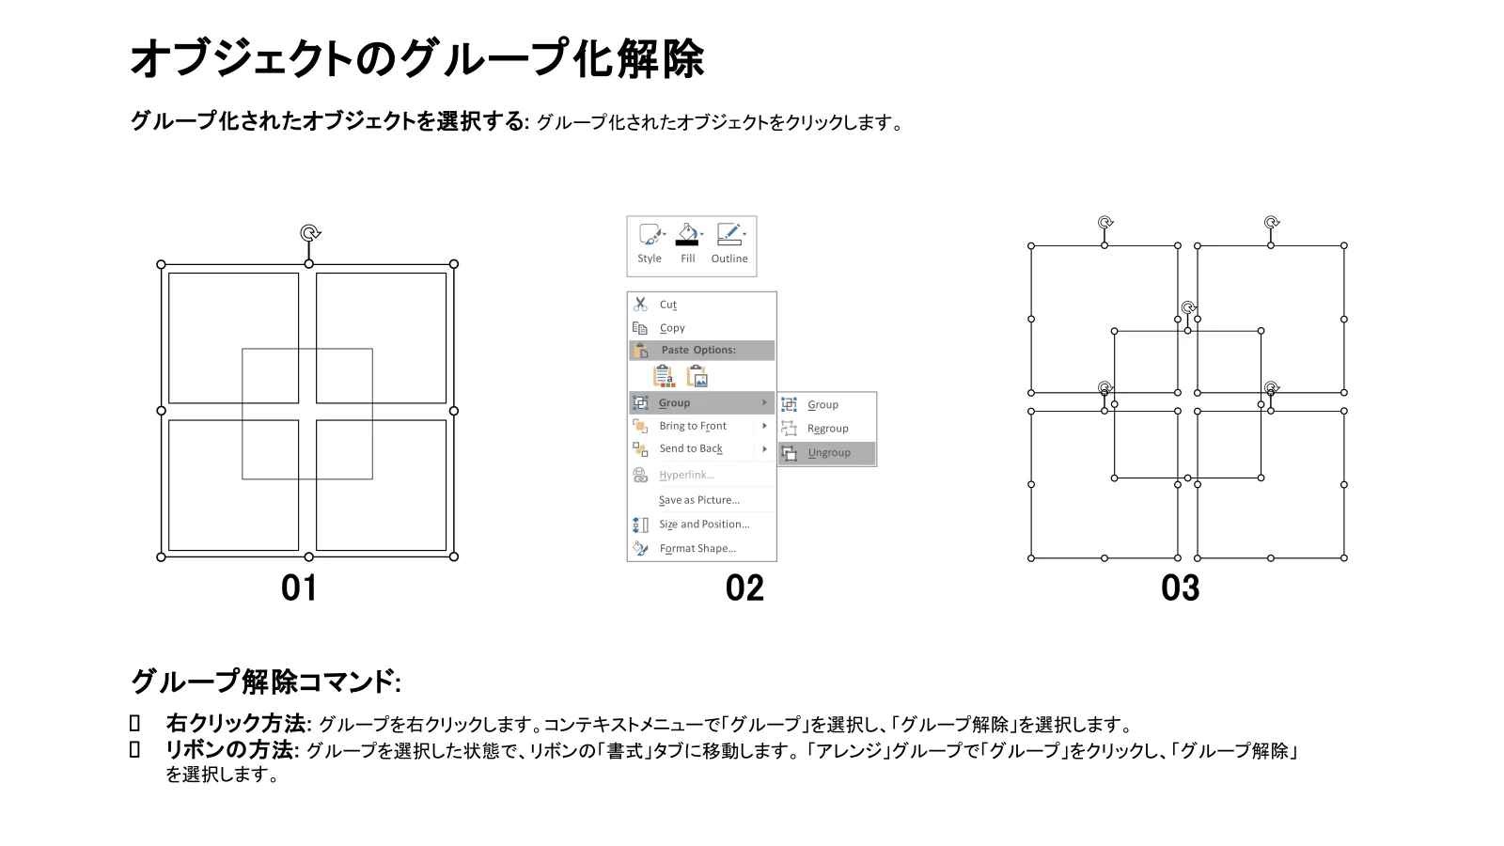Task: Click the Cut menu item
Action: click(x=668, y=305)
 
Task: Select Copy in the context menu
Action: click(x=672, y=328)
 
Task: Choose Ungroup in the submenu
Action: click(x=828, y=453)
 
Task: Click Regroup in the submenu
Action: click(x=827, y=429)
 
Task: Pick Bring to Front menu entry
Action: click(x=692, y=426)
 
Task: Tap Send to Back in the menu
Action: click(x=690, y=448)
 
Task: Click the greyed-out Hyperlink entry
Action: click(x=686, y=475)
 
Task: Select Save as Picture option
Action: click(x=699, y=500)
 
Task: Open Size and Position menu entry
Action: click(x=704, y=525)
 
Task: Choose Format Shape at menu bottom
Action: click(x=697, y=549)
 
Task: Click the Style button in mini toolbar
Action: click(x=650, y=243)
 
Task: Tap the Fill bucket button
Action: click(x=687, y=243)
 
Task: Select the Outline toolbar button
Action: click(x=729, y=243)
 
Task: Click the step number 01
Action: click(x=299, y=588)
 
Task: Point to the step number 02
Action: click(x=744, y=588)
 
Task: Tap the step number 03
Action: click(x=1181, y=588)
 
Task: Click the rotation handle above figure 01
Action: click(x=309, y=233)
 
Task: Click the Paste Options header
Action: click(x=698, y=350)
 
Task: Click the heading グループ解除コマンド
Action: click(x=266, y=681)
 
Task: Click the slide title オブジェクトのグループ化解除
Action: click(x=417, y=59)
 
